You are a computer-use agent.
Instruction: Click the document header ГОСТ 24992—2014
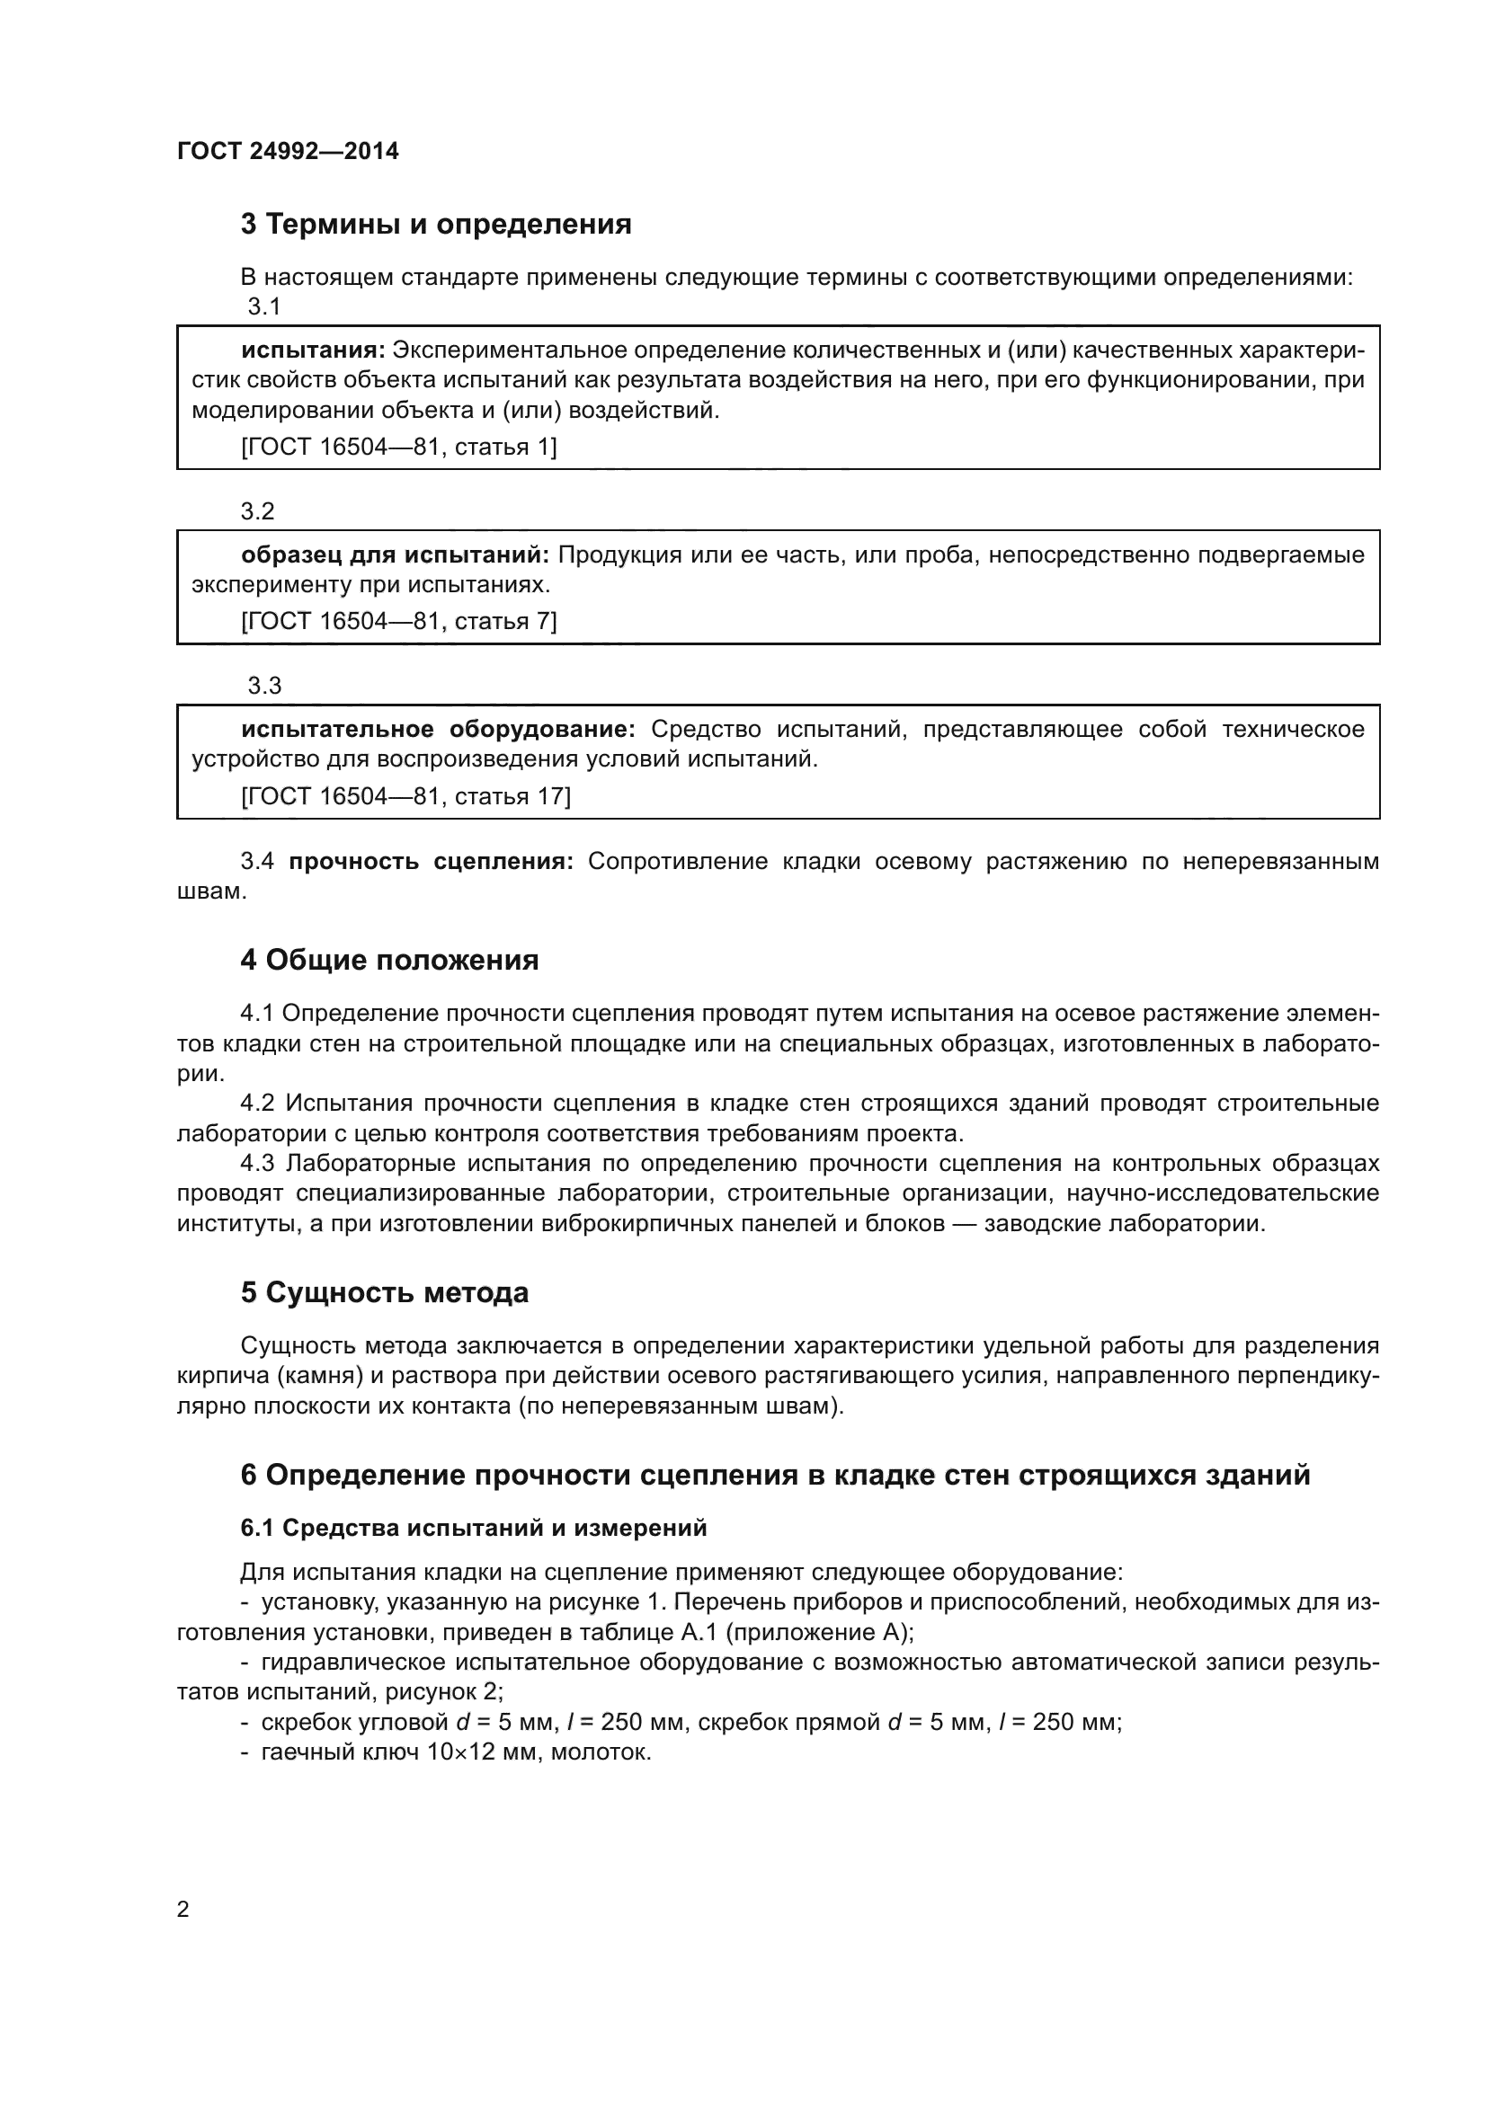[x=288, y=151]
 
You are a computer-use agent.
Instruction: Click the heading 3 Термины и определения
[x=436, y=224]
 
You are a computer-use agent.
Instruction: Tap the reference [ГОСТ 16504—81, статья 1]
[x=398, y=447]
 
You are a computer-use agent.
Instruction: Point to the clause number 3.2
[x=257, y=510]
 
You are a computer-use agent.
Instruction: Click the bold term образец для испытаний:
[x=395, y=554]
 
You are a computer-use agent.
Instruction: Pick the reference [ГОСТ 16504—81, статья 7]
[x=398, y=621]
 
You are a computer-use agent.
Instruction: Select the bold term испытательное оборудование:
[x=438, y=729]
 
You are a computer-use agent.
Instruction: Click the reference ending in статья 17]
[x=405, y=795]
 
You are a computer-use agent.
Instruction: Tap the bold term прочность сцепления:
[x=431, y=861]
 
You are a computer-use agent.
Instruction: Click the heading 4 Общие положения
[x=389, y=960]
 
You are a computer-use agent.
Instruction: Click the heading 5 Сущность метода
[x=385, y=1291]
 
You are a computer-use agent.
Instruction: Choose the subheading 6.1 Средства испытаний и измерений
[x=474, y=1528]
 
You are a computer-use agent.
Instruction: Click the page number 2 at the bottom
[x=183, y=1910]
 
